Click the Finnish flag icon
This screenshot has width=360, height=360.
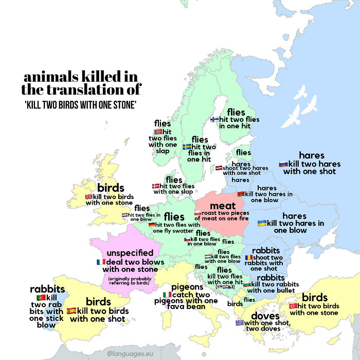(x=215, y=119)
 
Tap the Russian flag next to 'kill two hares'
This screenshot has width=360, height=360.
(x=283, y=164)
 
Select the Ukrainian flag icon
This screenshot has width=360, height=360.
(x=262, y=223)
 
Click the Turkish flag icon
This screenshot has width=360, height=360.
(x=293, y=305)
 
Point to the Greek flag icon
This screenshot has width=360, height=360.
(x=239, y=322)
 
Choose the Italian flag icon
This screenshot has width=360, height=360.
(x=167, y=295)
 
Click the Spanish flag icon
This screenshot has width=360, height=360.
(x=71, y=311)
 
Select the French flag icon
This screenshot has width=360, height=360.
(x=101, y=262)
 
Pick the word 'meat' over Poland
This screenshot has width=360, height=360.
(x=223, y=206)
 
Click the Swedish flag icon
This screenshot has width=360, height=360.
(x=187, y=147)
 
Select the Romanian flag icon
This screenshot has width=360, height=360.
(x=249, y=257)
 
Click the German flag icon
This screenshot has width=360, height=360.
(x=152, y=225)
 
